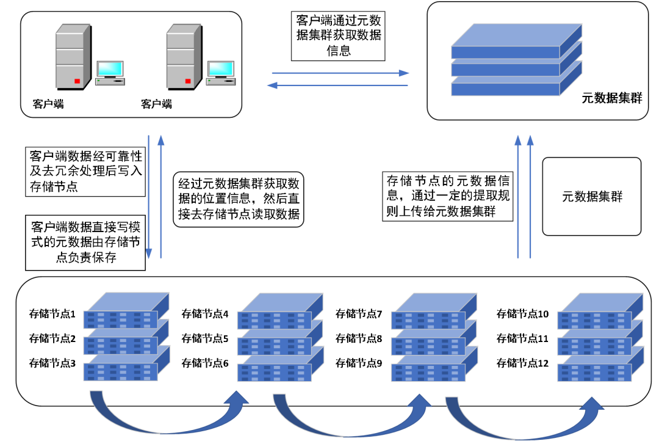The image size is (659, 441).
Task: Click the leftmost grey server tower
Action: pos(71,56)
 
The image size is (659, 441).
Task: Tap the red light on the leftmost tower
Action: pos(77,81)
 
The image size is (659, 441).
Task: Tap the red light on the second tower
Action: pos(188,81)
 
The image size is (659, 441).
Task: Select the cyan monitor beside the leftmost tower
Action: pos(110,69)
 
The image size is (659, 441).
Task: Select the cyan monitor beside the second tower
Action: pos(221,69)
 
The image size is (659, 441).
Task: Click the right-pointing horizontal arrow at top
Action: pos(340,73)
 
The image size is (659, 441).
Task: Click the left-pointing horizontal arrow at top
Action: pos(337,86)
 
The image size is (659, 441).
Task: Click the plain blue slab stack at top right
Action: pos(516,61)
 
